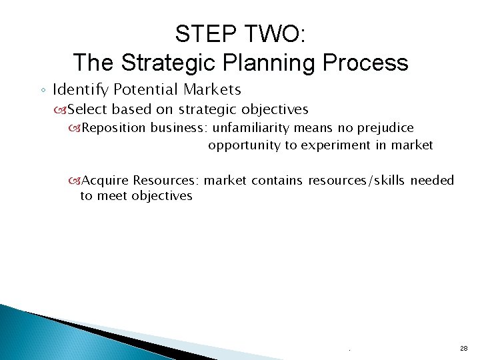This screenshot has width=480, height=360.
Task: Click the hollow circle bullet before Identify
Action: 42,90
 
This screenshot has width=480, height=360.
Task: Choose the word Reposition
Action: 115,127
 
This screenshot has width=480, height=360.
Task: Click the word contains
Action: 277,180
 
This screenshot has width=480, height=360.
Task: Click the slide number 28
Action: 463,349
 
